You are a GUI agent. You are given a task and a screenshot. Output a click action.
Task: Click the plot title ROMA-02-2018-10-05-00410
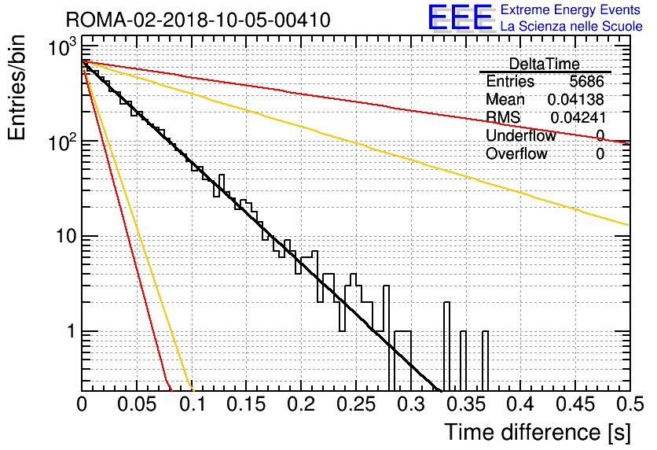click(x=198, y=20)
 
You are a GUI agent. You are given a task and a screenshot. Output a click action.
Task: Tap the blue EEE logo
click(x=461, y=18)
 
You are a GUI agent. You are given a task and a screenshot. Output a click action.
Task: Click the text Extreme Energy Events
click(x=571, y=9)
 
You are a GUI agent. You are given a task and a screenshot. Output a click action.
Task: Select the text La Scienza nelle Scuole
click(x=571, y=26)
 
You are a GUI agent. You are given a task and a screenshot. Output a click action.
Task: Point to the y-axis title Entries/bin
click(x=17, y=88)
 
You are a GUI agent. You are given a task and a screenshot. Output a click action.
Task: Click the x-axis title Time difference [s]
click(x=538, y=432)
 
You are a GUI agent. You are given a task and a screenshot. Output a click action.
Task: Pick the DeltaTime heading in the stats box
click(x=545, y=64)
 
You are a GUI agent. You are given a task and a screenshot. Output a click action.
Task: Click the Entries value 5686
click(x=586, y=81)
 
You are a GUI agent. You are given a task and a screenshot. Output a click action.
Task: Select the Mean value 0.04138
click(x=575, y=99)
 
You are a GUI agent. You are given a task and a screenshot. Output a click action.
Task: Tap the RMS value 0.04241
click(x=578, y=118)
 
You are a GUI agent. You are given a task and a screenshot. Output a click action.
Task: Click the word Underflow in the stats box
click(x=521, y=135)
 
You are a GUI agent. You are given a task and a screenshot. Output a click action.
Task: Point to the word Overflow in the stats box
click(x=516, y=153)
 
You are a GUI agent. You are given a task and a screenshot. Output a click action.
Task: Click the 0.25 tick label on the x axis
click(x=356, y=404)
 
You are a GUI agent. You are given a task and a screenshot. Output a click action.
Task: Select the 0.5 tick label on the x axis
click(x=629, y=404)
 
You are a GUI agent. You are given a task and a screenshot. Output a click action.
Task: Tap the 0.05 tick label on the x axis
click(x=137, y=404)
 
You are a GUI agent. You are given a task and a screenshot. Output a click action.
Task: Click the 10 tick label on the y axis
click(x=65, y=237)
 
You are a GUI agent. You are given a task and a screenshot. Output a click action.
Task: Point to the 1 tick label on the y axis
click(x=72, y=331)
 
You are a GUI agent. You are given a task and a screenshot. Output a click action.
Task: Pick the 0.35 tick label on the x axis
click(x=466, y=404)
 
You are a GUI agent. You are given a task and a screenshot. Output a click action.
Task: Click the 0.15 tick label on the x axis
click(x=247, y=404)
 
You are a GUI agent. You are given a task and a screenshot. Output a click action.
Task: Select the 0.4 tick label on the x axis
click(x=521, y=404)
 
